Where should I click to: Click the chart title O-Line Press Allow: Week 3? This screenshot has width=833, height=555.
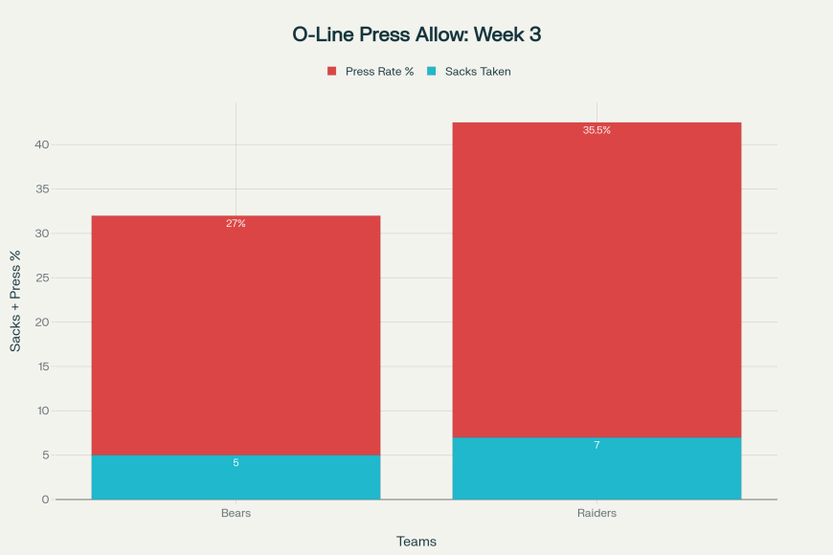(x=416, y=34)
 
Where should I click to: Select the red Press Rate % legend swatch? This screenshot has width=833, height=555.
(x=332, y=72)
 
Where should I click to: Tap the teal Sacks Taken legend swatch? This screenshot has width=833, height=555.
(x=431, y=72)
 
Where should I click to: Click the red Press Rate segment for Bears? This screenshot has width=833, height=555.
(x=236, y=335)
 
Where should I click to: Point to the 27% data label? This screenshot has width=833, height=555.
(x=236, y=224)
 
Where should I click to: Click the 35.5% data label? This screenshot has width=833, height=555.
(x=597, y=130)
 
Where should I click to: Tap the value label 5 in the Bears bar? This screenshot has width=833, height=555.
(x=236, y=463)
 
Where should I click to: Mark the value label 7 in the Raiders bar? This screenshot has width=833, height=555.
(x=597, y=445)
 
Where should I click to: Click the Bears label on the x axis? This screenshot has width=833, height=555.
(x=236, y=514)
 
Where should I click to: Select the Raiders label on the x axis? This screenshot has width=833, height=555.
(x=597, y=514)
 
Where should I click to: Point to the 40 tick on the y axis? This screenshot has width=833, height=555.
(x=42, y=144)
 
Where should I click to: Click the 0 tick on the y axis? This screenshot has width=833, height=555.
(x=45, y=499)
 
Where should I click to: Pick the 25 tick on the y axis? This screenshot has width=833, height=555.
(x=42, y=277)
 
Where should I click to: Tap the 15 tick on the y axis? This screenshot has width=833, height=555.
(x=42, y=366)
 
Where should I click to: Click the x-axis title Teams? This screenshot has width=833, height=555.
(x=416, y=542)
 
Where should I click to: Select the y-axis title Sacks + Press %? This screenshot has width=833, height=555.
(x=15, y=300)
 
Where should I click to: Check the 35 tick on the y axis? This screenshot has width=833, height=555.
(x=42, y=189)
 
